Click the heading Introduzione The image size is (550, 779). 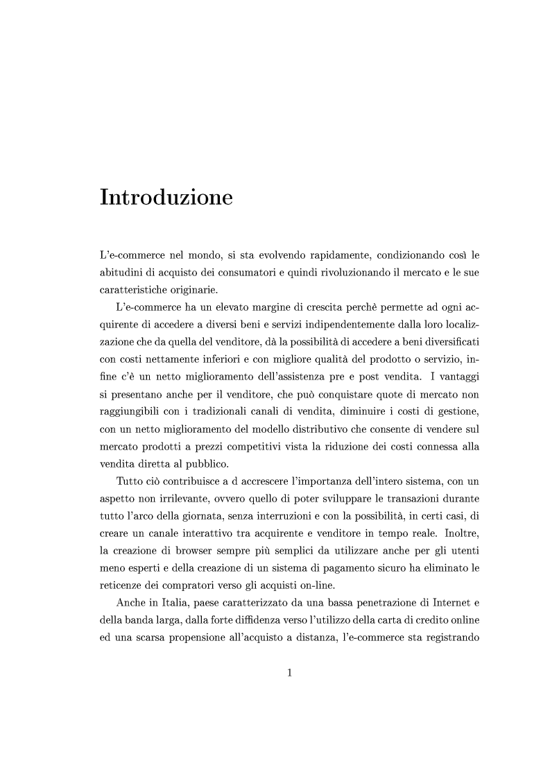click(166, 197)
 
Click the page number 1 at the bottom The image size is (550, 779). click(290, 671)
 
